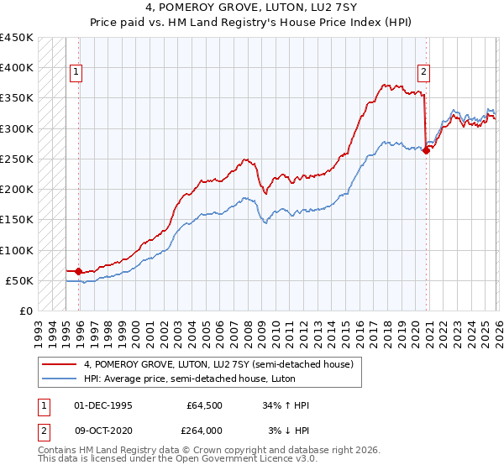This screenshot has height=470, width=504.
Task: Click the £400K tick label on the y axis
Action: tap(17, 68)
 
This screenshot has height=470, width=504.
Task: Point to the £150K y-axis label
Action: tap(17, 220)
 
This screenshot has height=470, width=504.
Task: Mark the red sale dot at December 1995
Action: tap(79, 271)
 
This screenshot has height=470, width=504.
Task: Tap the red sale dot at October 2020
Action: tap(427, 150)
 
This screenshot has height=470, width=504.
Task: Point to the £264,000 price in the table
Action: tap(204, 430)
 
